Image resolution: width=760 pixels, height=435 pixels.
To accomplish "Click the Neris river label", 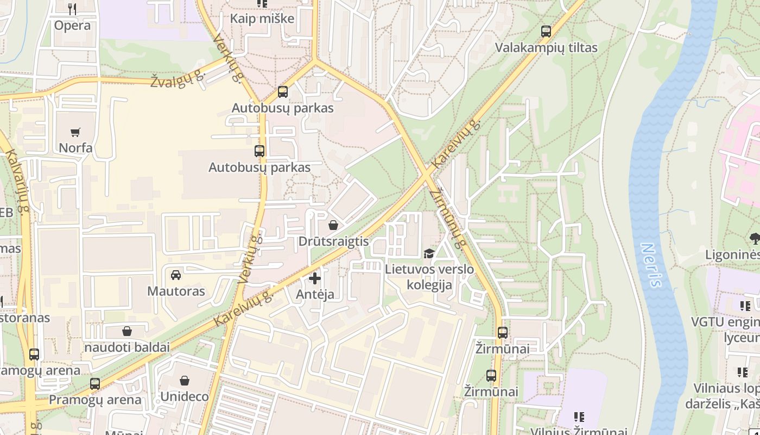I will pyautogui.click(x=651, y=265).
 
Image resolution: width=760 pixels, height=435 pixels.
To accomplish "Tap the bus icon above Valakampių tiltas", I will pyautogui.click(x=546, y=32).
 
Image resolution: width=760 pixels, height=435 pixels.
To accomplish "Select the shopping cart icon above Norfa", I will pyautogui.click(x=75, y=132).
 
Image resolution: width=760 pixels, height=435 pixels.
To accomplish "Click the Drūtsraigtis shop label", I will pyautogui.click(x=333, y=241).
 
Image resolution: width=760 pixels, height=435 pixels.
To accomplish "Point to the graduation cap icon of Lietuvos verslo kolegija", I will pyautogui.click(x=429, y=253).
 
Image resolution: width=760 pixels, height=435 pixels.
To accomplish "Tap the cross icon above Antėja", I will pyautogui.click(x=315, y=278).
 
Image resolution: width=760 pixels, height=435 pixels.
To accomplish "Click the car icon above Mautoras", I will pyautogui.click(x=176, y=275).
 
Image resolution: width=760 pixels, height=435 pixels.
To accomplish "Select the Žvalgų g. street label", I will pyautogui.click(x=178, y=80).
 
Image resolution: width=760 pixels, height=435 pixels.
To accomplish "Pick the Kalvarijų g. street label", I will pyautogui.click(x=17, y=182).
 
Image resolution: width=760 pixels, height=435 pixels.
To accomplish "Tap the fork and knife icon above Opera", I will pyautogui.click(x=72, y=9).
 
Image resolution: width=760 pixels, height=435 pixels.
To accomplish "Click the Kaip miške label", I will pyautogui.click(x=262, y=18).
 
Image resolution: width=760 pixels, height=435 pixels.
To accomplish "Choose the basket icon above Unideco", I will pyautogui.click(x=185, y=381).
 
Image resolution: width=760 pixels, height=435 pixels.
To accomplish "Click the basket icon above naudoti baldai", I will pyautogui.click(x=127, y=331).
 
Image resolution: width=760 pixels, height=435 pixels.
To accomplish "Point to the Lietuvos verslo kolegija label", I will pyautogui.click(x=429, y=277).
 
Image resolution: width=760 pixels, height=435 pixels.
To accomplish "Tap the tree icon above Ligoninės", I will pyautogui.click(x=755, y=238).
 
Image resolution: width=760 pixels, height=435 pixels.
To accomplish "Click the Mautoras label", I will pyautogui.click(x=176, y=291).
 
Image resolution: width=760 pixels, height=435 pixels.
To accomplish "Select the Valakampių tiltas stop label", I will pyautogui.click(x=546, y=48).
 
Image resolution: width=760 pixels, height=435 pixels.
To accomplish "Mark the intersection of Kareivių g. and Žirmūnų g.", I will pyautogui.click(x=427, y=174).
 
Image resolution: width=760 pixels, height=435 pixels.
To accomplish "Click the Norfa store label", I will pyautogui.click(x=75, y=148).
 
